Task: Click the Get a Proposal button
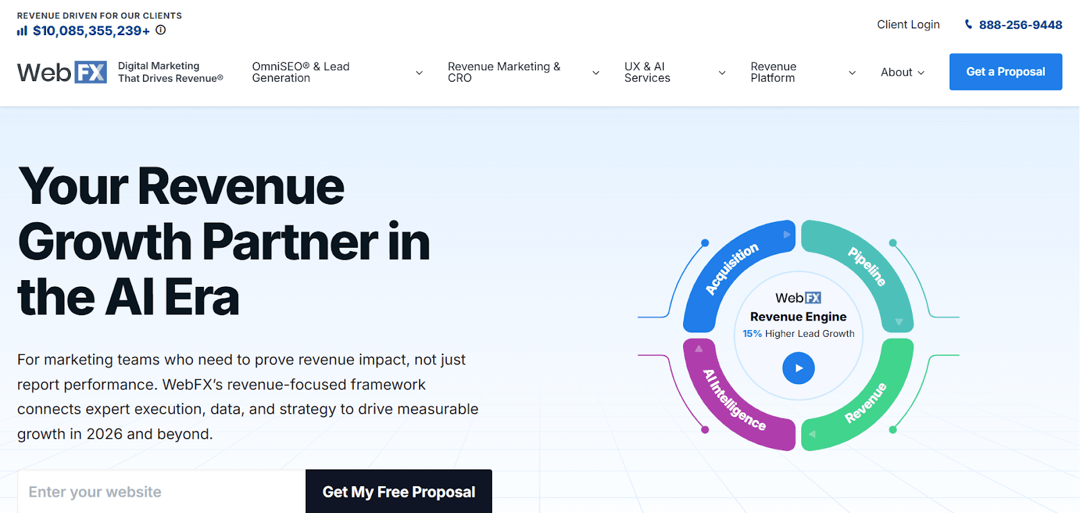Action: click(1005, 72)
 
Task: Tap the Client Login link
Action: click(908, 24)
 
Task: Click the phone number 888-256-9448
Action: click(1020, 25)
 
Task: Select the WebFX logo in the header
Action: click(61, 72)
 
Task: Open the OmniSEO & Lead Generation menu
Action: click(337, 72)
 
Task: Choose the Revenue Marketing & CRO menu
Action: click(523, 72)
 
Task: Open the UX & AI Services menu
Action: click(674, 72)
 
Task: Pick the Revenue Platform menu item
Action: click(803, 72)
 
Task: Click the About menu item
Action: click(902, 72)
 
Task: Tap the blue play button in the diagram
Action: click(799, 369)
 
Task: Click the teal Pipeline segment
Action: click(867, 267)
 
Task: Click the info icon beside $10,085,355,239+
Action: click(161, 30)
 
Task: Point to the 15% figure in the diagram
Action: click(752, 333)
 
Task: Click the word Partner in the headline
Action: click(291, 242)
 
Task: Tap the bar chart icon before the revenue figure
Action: click(22, 31)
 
